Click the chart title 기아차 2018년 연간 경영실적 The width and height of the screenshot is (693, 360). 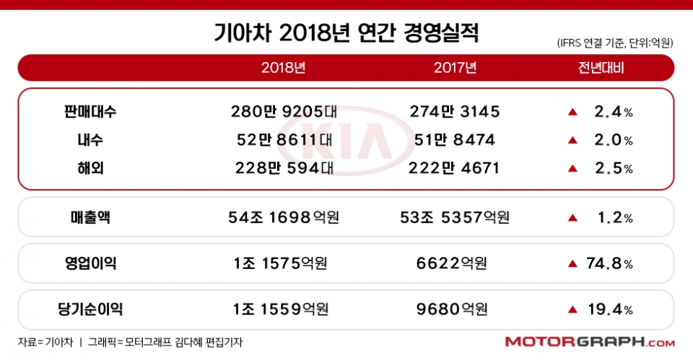(346, 32)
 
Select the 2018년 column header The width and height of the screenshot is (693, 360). (283, 69)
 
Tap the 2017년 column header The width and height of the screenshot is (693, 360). (455, 69)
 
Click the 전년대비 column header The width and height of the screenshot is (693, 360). (601, 69)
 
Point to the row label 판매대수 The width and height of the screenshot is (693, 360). (90, 112)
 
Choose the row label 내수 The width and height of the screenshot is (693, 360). (90, 140)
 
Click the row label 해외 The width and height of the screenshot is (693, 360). (90, 168)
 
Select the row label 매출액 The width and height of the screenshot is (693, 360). (90, 217)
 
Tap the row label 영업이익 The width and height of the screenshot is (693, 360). (90, 263)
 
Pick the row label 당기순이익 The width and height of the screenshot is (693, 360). (90, 309)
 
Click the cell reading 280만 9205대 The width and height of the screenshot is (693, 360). (284, 112)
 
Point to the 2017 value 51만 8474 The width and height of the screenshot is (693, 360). (455, 140)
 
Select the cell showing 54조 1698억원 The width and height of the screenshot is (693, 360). (284, 217)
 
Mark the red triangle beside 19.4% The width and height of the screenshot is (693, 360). (572, 309)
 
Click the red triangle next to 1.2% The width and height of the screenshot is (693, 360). (572, 217)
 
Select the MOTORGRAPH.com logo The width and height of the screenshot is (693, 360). (590, 342)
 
